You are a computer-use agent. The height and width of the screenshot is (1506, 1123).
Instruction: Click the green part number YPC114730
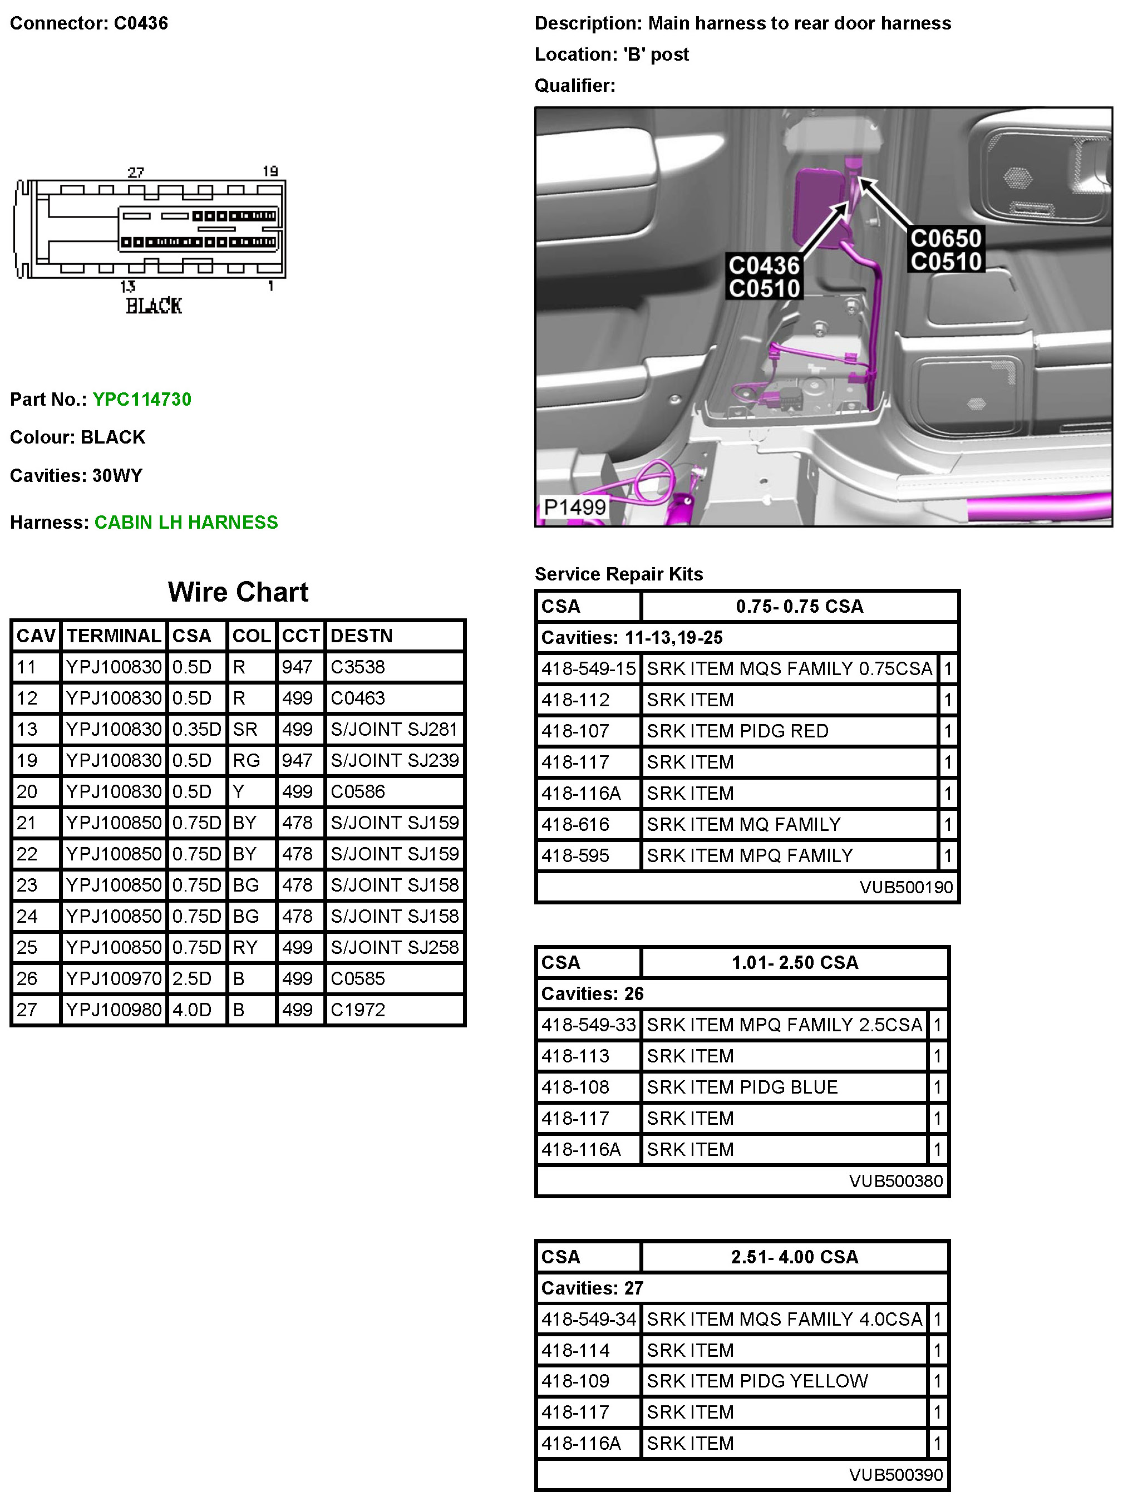click(x=141, y=399)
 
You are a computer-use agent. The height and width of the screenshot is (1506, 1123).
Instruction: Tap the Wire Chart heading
click(x=238, y=592)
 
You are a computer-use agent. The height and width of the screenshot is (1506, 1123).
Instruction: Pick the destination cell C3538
click(x=358, y=667)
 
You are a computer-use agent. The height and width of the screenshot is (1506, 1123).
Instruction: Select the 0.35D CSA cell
click(x=196, y=729)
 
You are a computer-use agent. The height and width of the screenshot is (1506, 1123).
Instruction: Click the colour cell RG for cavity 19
click(x=246, y=760)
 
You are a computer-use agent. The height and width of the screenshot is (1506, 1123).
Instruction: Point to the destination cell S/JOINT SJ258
click(x=394, y=947)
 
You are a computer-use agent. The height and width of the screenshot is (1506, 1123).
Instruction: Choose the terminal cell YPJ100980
click(x=114, y=1010)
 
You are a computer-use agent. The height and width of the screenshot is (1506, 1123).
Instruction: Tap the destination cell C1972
click(x=358, y=1010)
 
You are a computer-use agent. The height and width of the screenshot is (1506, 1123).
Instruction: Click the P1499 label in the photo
click(x=574, y=507)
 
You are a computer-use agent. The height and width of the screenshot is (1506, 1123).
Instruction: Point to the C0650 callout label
click(x=945, y=239)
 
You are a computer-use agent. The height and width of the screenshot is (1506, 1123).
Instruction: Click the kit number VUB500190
click(x=905, y=887)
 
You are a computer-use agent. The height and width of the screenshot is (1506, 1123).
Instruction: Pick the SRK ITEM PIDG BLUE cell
click(x=742, y=1087)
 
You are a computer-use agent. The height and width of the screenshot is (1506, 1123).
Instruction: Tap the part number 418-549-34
click(x=589, y=1319)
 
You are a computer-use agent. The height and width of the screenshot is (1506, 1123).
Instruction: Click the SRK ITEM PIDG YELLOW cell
click(x=757, y=1381)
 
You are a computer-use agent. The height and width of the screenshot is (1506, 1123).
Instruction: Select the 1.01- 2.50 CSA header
click(x=795, y=963)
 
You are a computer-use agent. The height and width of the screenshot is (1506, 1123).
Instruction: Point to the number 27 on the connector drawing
click(x=135, y=173)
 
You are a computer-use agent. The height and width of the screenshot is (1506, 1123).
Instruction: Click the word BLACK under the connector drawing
click(x=154, y=306)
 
